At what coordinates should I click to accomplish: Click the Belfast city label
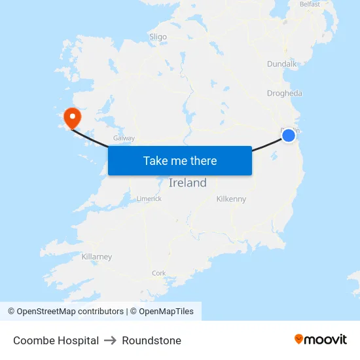click(309, 4)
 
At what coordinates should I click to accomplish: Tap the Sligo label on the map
click(158, 37)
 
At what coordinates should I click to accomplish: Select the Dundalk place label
click(282, 64)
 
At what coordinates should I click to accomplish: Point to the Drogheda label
click(285, 93)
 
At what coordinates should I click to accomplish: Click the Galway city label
click(124, 138)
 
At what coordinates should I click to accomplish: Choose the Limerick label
click(149, 198)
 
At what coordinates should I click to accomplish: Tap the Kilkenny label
click(231, 198)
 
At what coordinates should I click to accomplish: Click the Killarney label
click(97, 257)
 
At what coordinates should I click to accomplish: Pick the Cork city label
click(158, 273)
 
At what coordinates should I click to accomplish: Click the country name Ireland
click(187, 183)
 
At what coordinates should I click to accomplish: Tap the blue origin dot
click(289, 135)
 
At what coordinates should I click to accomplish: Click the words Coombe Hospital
click(56, 340)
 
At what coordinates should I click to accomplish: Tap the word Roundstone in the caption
click(151, 340)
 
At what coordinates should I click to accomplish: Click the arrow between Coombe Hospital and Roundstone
click(110, 340)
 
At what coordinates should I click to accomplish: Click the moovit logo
click(320, 339)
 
